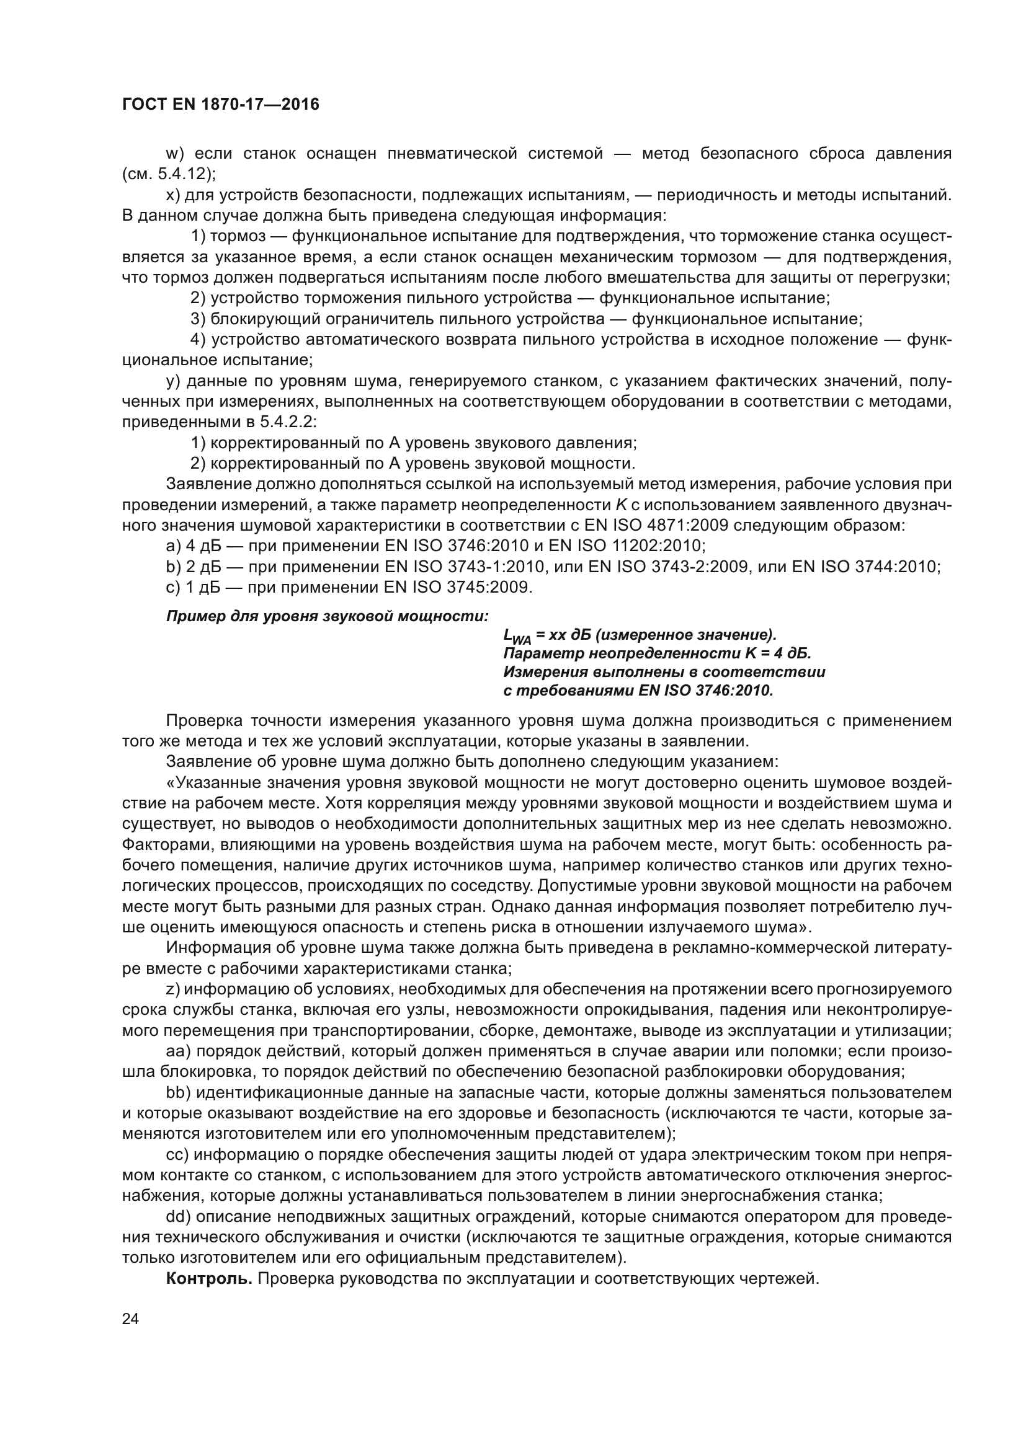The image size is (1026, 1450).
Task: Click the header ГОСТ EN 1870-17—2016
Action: tap(220, 105)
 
